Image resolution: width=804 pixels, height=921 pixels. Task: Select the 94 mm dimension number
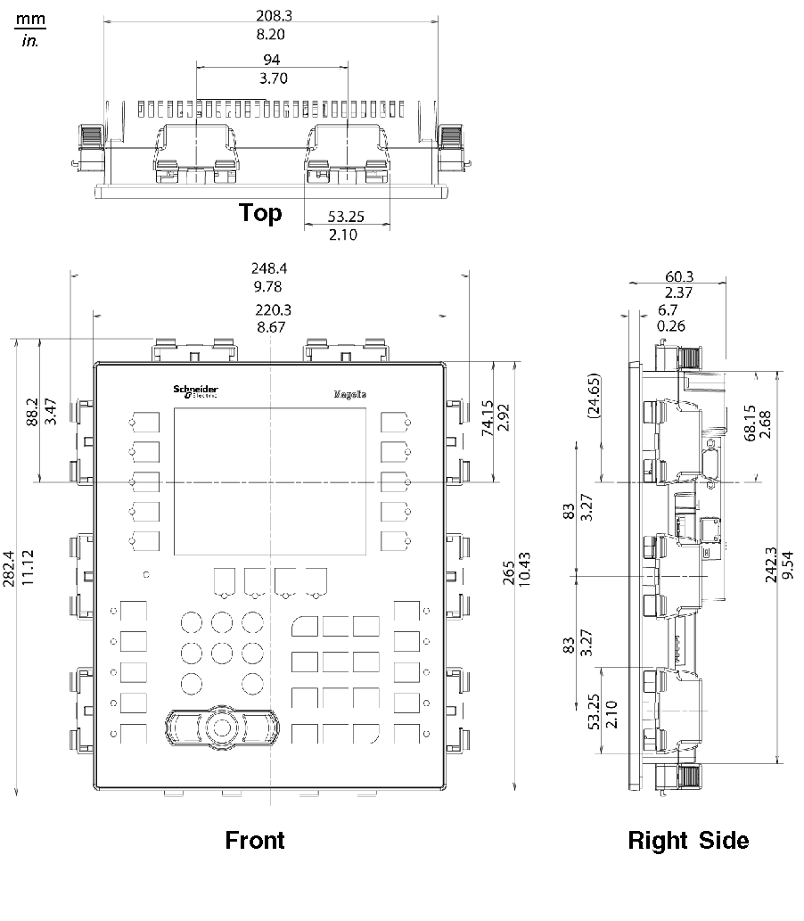pos(271,60)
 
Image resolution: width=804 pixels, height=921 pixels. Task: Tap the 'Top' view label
pos(260,212)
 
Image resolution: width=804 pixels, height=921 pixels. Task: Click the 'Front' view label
pos(255,840)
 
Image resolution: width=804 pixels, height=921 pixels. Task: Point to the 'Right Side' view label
pos(688,840)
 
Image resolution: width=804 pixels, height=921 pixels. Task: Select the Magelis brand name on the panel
pos(350,394)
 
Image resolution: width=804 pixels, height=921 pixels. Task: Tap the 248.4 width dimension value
pos(271,267)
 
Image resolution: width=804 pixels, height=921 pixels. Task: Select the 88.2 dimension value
pos(33,414)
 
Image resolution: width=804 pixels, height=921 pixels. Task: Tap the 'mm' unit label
pos(30,19)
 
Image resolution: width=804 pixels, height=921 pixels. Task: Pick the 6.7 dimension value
pos(668,309)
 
